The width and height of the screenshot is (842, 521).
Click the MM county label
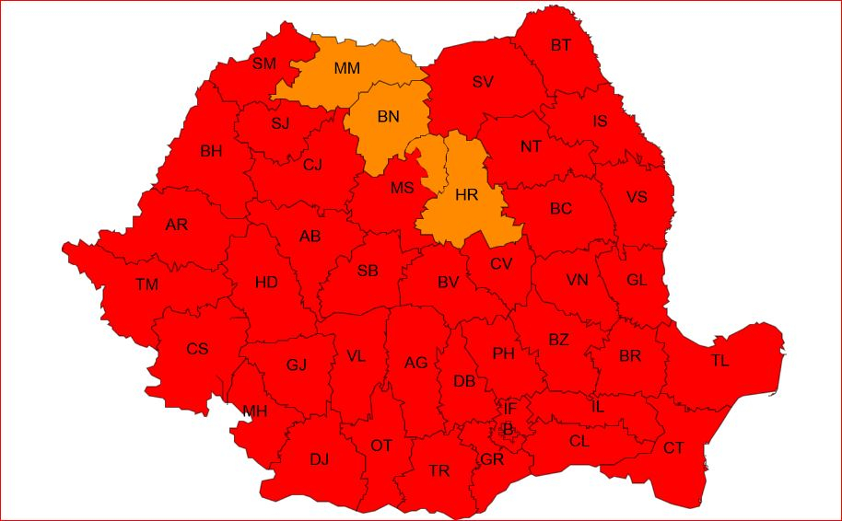347,68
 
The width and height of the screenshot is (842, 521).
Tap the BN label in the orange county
389,117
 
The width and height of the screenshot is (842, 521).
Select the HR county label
467,194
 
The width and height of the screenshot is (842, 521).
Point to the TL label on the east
719,361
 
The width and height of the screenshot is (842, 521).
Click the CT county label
673,448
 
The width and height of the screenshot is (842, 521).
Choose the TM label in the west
146,285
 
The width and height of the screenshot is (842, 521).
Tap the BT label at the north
560,45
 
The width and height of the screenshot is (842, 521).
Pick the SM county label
264,64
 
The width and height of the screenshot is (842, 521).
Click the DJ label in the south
319,459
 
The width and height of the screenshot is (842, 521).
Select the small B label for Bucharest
507,428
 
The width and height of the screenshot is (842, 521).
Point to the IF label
509,408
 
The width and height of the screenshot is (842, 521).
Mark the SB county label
368,271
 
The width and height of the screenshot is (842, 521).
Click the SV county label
483,82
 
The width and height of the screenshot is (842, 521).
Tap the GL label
637,281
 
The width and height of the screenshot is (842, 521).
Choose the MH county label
254,411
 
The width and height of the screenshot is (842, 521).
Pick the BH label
211,151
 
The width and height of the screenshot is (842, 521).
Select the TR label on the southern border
439,471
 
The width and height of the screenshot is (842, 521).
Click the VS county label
637,198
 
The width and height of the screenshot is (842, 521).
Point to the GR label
491,459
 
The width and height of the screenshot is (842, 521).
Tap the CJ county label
312,165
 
